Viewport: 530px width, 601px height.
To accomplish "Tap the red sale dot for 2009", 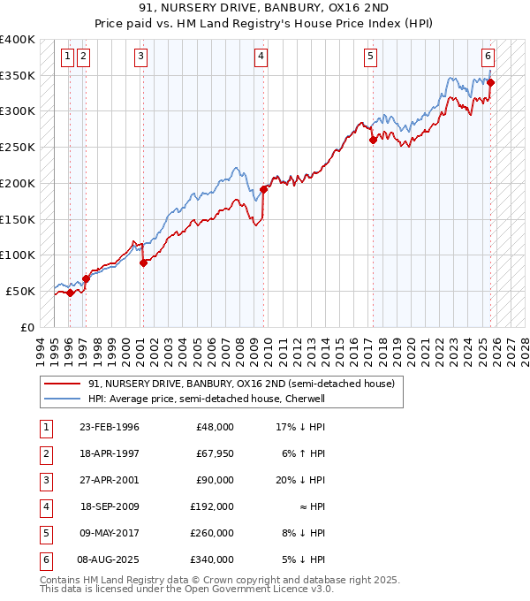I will click(x=263, y=189).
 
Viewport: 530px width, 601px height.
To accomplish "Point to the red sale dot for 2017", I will click(x=373, y=140).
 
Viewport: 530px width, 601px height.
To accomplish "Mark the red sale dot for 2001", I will click(x=143, y=262).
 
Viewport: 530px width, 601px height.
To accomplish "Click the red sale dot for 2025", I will click(x=491, y=83).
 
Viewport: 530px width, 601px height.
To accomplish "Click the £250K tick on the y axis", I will click(x=18, y=147).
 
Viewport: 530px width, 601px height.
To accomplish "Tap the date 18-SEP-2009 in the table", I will click(x=109, y=506).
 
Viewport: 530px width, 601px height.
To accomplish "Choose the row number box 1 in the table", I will click(x=44, y=427).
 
